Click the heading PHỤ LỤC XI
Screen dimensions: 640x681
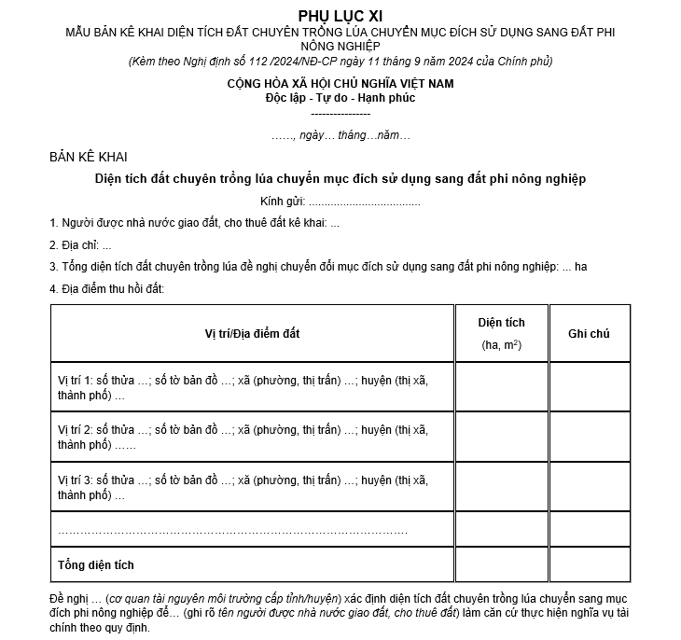pyautogui.click(x=340, y=16)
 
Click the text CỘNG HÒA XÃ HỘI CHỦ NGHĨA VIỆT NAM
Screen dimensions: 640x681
pyautogui.click(x=340, y=84)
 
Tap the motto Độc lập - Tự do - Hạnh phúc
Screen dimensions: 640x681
pyautogui.click(x=340, y=98)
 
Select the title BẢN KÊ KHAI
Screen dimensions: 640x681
pyautogui.click(x=89, y=156)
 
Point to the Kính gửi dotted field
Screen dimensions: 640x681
pyautogui.click(x=364, y=202)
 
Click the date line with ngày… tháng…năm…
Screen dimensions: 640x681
pyautogui.click(x=340, y=135)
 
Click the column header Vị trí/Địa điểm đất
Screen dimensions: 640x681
pyautogui.click(x=253, y=333)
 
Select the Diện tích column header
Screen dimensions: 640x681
pyautogui.click(x=501, y=333)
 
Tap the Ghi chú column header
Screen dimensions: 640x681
pyautogui.click(x=589, y=333)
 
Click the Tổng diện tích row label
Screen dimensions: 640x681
pyautogui.click(x=96, y=564)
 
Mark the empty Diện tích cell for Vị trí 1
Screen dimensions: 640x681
pyautogui.click(x=501, y=387)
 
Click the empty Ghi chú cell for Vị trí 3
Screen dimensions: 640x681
pyautogui.click(x=589, y=487)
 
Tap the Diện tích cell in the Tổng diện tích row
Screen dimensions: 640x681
pyautogui.click(x=501, y=564)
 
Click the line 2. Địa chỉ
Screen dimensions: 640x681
pyautogui.click(x=80, y=245)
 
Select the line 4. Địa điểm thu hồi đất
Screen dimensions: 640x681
pyautogui.click(x=106, y=289)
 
